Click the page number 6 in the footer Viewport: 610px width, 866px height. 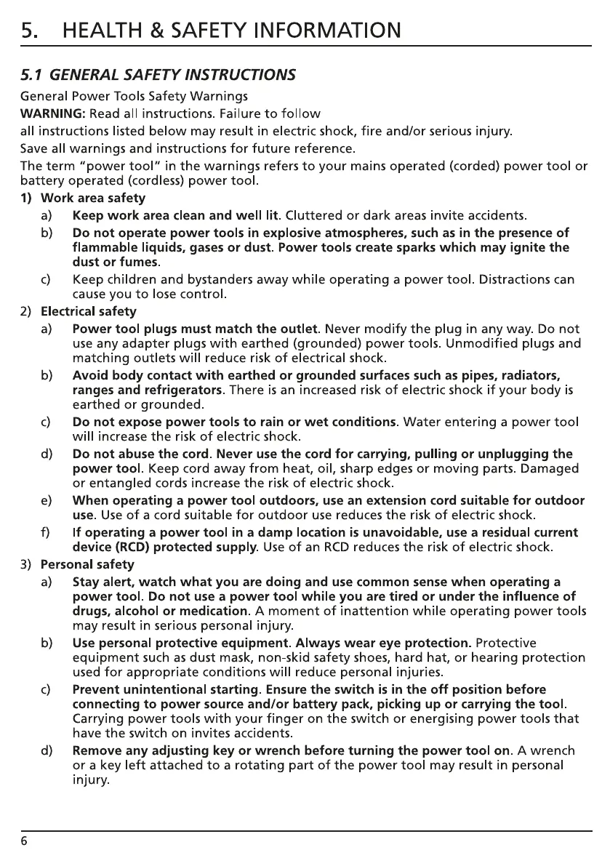click(24, 841)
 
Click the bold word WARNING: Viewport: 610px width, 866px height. click(54, 113)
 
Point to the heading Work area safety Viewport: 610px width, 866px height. click(93, 198)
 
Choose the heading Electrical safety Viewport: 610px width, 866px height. click(88, 311)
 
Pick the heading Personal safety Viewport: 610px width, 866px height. click(87, 564)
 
